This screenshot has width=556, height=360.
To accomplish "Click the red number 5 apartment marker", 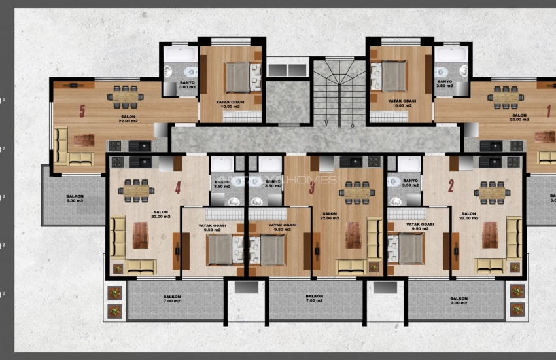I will (x=82, y=111).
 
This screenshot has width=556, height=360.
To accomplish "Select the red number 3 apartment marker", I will (x=312, y=188).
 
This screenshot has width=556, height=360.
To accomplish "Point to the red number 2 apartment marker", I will (x=451, y=187).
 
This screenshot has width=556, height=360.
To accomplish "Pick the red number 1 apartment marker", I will (x=548, y=111).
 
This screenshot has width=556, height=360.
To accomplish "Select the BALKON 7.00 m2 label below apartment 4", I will (x=172, y=299).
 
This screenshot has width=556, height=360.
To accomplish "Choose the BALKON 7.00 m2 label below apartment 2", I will (x=459, y=301).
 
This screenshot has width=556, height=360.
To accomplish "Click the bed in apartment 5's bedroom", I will (x=237, y=78).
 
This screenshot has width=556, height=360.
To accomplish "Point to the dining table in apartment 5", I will (x=126, y=97).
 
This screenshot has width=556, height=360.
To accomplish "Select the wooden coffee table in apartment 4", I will (x=141, y=235).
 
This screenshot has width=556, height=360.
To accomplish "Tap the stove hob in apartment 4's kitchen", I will (x=118, y=162).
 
